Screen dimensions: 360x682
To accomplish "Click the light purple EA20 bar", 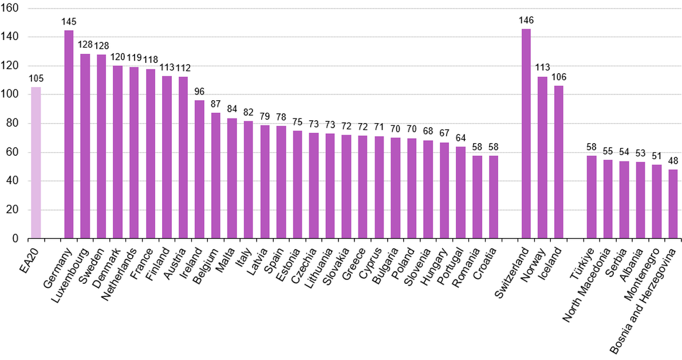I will point(36,163).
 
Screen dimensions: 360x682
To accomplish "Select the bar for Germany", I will point(69,134).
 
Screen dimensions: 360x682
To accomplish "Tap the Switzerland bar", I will point(526,134).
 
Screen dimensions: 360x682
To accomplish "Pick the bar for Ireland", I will point(199,169).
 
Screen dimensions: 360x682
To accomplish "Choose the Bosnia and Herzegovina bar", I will point(673,204).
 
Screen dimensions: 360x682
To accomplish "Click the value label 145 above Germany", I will point(69,22).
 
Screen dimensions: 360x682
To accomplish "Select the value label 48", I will point(673,161).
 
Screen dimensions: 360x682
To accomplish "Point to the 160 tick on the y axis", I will point(11,8).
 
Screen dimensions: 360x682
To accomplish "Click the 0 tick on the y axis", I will point(15,239).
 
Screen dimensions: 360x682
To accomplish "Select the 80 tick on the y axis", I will point(13,123).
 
